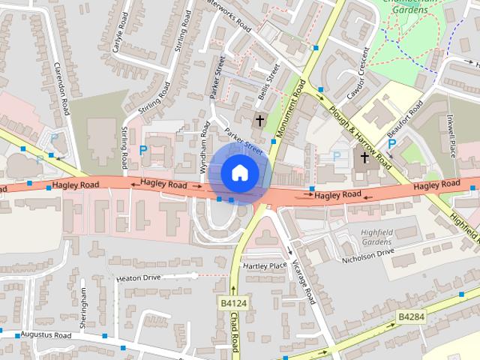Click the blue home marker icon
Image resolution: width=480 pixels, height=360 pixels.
(239, 172)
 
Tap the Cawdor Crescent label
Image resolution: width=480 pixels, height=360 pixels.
(357, 75)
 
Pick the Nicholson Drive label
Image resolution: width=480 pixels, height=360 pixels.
(367, 253)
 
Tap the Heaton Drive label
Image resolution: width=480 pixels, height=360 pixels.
(139, 278)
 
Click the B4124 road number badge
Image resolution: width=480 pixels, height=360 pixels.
(233, 303)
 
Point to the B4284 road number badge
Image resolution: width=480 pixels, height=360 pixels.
(411, 316)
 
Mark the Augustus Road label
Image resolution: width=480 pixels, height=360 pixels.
(46, 334)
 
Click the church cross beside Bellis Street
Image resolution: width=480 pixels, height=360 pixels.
(260, 120)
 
